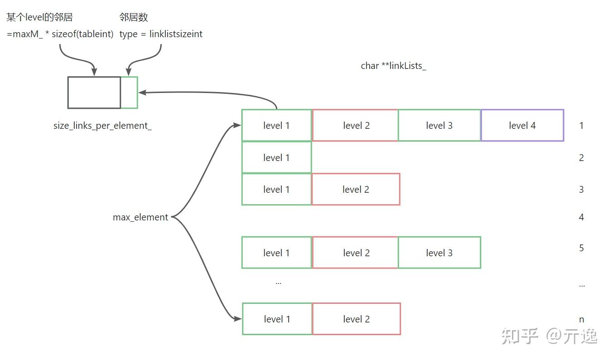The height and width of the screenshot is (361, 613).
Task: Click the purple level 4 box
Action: pos(522,126)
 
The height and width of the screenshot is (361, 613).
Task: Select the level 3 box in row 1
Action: pos(439,126)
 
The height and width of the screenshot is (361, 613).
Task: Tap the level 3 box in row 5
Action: pos(439,253)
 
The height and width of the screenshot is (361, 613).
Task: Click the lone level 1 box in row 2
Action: pos(276,158)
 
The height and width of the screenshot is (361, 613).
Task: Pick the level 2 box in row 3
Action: pos(356,190)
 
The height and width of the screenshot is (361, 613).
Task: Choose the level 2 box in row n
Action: pos(356,319)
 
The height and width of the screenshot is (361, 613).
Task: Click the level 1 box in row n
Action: pos(277,319)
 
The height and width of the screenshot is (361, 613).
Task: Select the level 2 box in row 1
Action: pos(355,126)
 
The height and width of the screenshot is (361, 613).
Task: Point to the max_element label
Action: pos(140,217)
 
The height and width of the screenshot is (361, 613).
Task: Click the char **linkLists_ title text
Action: pos(393,66)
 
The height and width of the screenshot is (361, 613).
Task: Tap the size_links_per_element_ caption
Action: pos(102,126)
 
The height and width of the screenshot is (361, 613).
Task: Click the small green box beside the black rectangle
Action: pos(129,93)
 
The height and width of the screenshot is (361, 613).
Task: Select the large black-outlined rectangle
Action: pos(94,93)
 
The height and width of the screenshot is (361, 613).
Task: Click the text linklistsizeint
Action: pos(176,34)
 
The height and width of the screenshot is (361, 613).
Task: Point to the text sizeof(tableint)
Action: pos(82,34)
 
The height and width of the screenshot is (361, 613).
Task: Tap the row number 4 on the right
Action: pos(581,217)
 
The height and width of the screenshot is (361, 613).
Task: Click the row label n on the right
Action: pos(581,319)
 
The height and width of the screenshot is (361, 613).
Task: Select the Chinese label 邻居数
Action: pos(134,17)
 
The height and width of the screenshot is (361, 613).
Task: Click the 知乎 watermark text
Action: pos(519,336)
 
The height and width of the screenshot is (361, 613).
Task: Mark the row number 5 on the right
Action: pos(581,248)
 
